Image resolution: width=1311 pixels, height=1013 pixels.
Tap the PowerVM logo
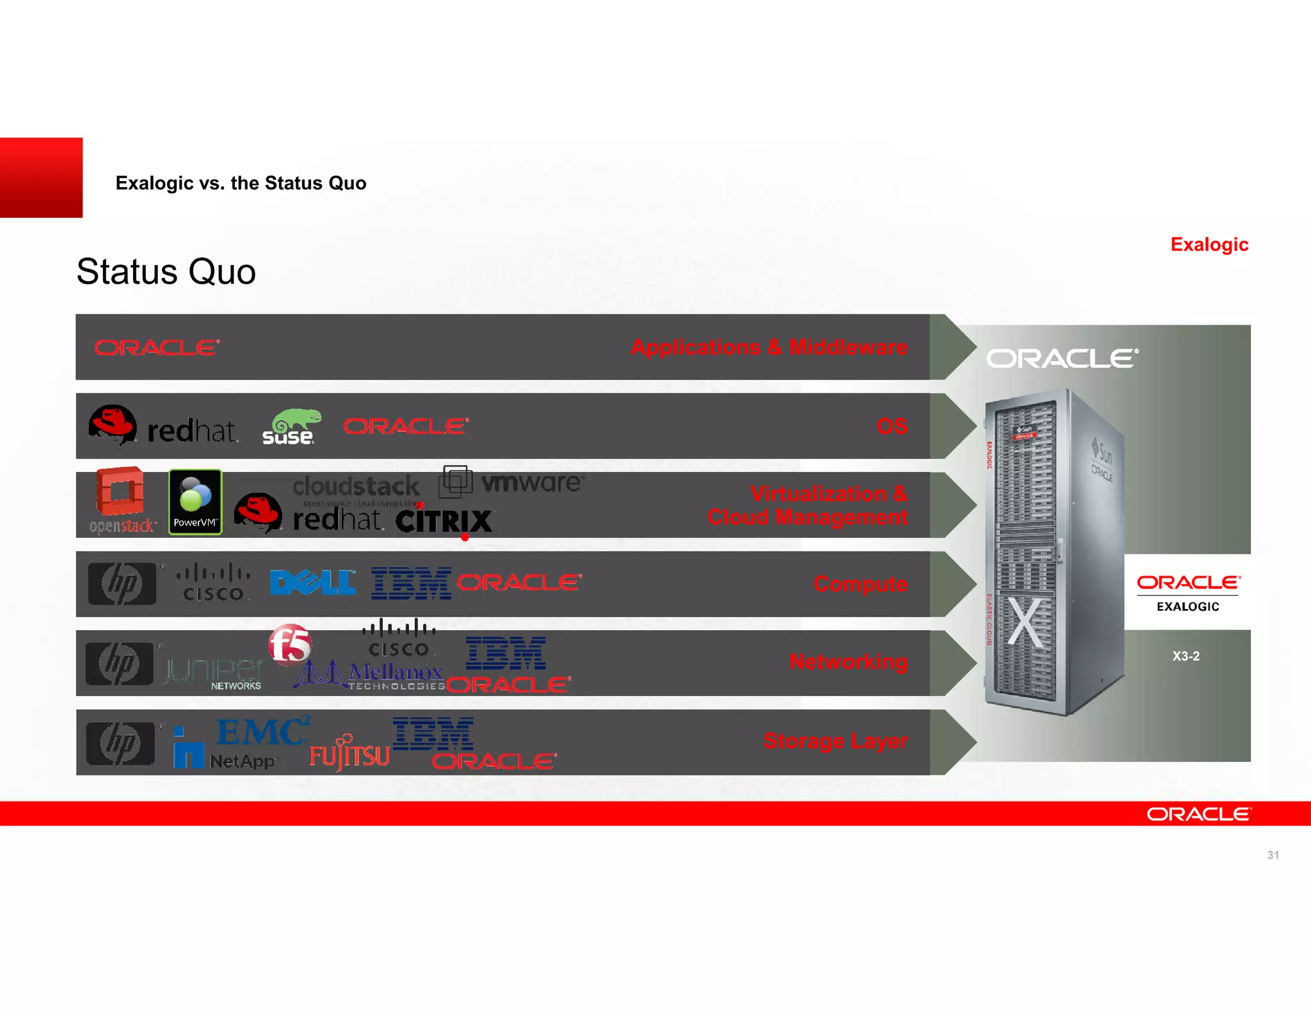coord(195,502)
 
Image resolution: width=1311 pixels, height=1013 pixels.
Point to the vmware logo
coord(512,482)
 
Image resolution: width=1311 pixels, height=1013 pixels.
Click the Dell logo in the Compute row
coord(312,583)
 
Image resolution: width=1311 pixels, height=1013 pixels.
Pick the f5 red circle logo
coord(290,644)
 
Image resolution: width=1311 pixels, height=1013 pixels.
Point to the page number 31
coord(1273,855)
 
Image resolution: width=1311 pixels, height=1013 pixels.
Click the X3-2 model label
coord(1186,656)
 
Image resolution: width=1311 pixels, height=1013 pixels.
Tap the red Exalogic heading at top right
coord(1209,245)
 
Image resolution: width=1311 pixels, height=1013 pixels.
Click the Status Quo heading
coord(166,271)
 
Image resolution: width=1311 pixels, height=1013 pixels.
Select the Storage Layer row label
coord(835,741)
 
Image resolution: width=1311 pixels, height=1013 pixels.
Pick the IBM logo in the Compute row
coord(411,583)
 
